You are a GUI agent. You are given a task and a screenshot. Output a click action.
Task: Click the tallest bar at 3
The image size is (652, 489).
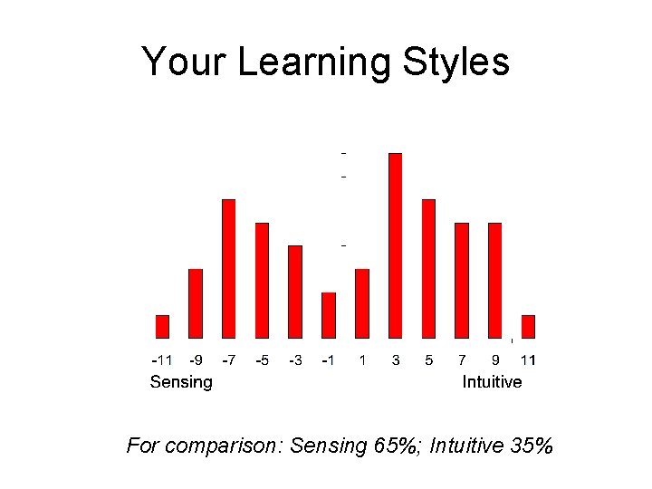[395, 245]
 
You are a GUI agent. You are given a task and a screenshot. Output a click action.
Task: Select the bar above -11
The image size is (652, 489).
[162, 326]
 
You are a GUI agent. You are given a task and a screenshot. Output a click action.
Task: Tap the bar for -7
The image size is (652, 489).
[228, 268]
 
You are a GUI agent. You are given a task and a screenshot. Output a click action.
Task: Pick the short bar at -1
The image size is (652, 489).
[329, 315]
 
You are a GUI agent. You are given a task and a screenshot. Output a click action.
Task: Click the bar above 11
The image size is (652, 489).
[528, 326]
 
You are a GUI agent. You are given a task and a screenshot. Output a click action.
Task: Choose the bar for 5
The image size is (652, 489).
[428, 268]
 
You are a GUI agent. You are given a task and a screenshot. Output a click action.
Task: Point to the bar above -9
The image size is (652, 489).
[195, 303]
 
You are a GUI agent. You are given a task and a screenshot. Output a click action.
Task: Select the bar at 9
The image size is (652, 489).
[494, 280]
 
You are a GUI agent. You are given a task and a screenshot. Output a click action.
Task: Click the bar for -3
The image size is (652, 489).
[295, 292]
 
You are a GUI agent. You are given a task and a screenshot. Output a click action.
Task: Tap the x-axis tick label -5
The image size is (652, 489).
[262, 360]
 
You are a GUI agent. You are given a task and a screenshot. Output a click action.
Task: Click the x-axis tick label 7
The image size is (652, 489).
[462, 360]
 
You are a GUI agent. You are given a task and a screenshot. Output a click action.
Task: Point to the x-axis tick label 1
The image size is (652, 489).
[362, 360]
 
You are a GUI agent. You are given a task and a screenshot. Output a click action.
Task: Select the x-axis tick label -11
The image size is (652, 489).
[161, 360]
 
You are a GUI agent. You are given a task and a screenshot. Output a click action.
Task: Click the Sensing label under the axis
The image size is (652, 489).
[181, 382]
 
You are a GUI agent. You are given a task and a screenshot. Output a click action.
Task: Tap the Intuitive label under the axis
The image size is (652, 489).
[492, 382]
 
